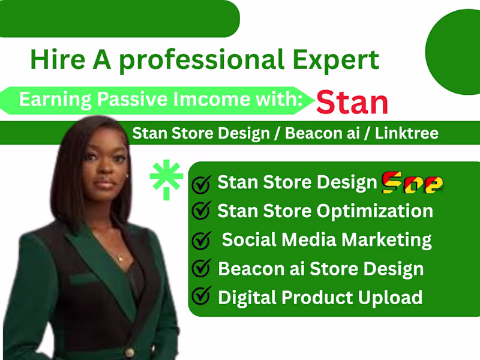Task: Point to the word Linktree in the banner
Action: pyautogui.click(x=407, y=133)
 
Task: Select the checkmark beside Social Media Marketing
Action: pyautogui.click(x=202, y=240)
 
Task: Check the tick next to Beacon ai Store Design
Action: pyautogui.click(x=202, y=268)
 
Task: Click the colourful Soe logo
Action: pyautogui.click(x=413, y=181)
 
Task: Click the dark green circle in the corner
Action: pyautogui.click(x=454, y=52)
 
